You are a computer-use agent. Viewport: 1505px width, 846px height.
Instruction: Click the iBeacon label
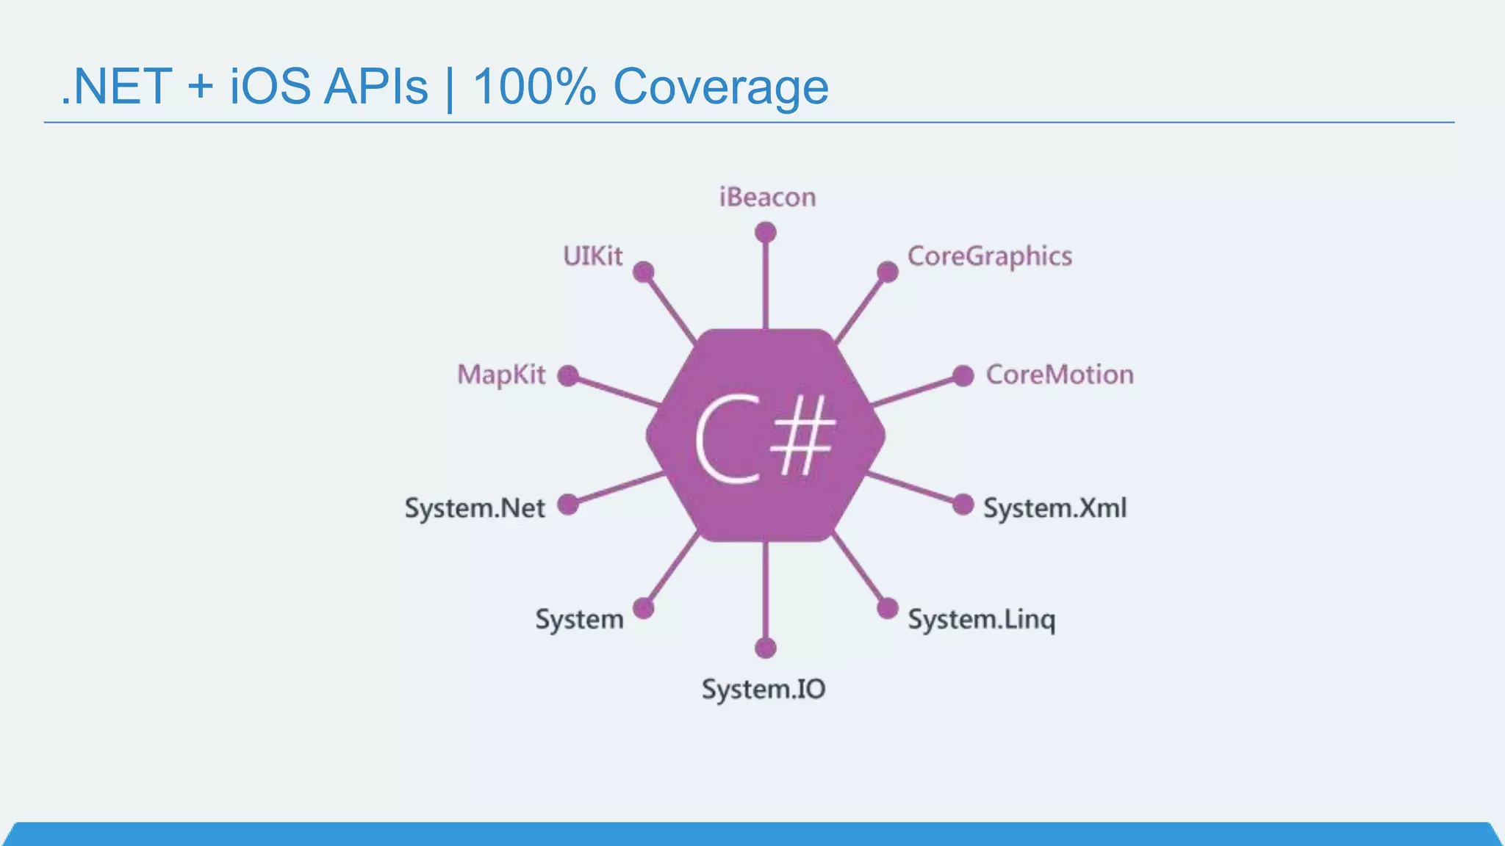[767, 197]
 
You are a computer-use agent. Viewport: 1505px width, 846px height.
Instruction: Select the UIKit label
[592, 256]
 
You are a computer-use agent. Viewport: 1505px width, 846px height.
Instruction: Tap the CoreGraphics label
[989, 256]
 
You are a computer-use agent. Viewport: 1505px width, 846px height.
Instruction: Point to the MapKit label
[501, 375]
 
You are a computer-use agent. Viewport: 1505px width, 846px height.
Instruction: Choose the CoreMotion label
[1059, 375]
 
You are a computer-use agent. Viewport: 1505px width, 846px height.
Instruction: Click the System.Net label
[475, 508]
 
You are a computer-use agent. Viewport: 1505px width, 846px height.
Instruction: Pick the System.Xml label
[1055, 508]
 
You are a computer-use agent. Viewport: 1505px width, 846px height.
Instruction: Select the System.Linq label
[981, 620]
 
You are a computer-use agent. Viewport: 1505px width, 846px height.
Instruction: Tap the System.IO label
[764, 689]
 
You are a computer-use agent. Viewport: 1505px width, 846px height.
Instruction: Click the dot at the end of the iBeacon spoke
[766, 233]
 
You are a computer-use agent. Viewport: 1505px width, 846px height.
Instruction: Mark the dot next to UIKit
[644, 272]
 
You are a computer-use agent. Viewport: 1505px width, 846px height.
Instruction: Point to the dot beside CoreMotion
[963, 376]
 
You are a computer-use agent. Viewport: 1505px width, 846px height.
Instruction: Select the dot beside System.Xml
[963, 505]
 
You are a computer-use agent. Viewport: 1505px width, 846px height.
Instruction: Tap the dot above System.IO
[766, 648]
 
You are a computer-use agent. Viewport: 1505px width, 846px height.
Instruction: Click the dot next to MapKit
[568, 376]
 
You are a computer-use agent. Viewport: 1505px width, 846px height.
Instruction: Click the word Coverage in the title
[720, 87]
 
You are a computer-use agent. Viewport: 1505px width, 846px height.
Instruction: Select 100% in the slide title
[534, 87]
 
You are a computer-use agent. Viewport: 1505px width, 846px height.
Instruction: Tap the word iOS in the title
[270, 87]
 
